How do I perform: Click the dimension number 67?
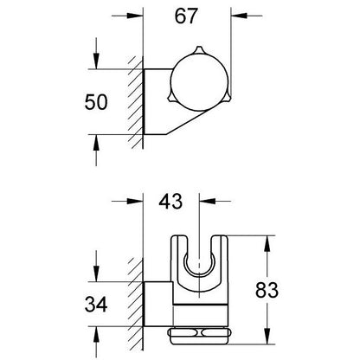click(x=186, y=16)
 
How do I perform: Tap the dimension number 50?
click(x=96, y=102)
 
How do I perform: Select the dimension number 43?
click(x=170, y=201)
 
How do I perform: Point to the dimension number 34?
click(x=96, y=304)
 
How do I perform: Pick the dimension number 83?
click(x=267, y=290)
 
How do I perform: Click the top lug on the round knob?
click(x=199, y=49)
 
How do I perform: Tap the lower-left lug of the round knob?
click(x=171, y=98)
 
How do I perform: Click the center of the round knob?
click(x=199, y=82)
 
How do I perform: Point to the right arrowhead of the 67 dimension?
click(x=239, y=16)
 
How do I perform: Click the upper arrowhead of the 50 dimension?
click(x=96, y=61)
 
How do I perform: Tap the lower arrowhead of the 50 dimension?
click(x=96, y=143)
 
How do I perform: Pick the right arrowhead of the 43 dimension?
click(x=208, y=201)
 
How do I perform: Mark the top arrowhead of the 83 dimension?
click(x=267, y=244)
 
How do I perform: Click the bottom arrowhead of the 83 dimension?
click(x=267, y=336)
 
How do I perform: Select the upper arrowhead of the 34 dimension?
click(x=96, y=273)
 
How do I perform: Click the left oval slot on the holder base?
click(x=183, y=333)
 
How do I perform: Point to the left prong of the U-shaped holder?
click(x=179, y=254)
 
